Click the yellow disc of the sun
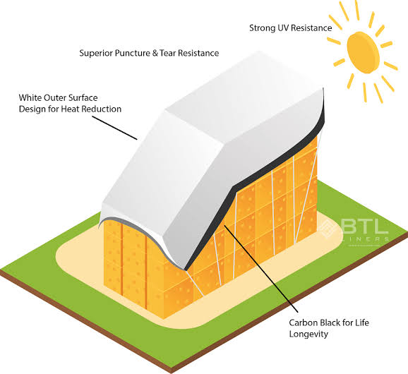[364, 52]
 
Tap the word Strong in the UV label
[259, 28]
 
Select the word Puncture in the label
[133, 53]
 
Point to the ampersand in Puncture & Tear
[155, 54]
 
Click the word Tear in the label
[168, 53]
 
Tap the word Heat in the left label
[69, 109]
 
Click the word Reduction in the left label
[100, 109]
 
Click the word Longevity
[308, 334]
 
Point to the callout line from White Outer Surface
[114, 128]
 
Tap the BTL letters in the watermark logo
[364, 227]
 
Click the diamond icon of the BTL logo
[330, 229]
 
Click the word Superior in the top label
[96, 54]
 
